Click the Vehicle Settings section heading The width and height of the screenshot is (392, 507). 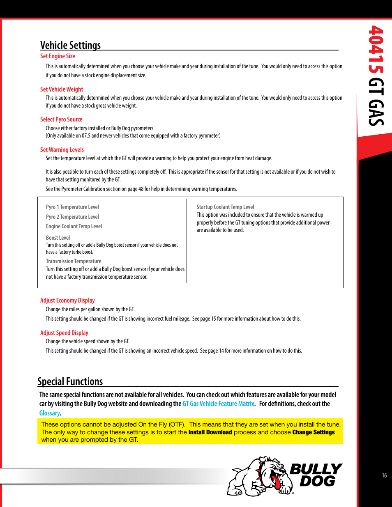[x=70, y=45]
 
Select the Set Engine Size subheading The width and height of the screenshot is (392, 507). [x=58, y=56]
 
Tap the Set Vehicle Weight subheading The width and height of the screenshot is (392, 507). [x=62, y=89]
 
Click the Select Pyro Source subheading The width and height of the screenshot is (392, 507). [x=61, y=119]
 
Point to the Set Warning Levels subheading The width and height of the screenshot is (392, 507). [x=62, y=150]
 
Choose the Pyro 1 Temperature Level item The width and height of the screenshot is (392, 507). [x=72, y=207]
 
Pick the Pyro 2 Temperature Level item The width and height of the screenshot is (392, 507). [x=72, y=217]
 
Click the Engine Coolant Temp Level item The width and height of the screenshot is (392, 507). [x=74, y=227]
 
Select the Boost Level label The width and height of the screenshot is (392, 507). [x=58, y=238]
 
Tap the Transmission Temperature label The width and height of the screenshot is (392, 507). [x=74, y=262]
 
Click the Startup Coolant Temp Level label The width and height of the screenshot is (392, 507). [x=225, y=207]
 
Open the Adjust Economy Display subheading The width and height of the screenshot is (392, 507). [x=67, y=301]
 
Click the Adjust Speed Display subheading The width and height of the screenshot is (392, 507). [x=64, y=333]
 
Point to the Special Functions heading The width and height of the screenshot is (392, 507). [x=70, y=381]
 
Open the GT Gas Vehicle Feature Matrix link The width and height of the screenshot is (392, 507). [x=219, y=404]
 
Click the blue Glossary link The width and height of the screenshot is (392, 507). [x=49, y=413]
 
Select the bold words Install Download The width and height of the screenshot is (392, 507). [x=210, y=432]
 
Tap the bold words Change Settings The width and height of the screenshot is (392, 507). [x=314, y=432]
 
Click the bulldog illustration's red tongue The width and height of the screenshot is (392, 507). [x=277, y=482]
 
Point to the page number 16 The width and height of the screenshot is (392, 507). [x=384, y=475]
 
